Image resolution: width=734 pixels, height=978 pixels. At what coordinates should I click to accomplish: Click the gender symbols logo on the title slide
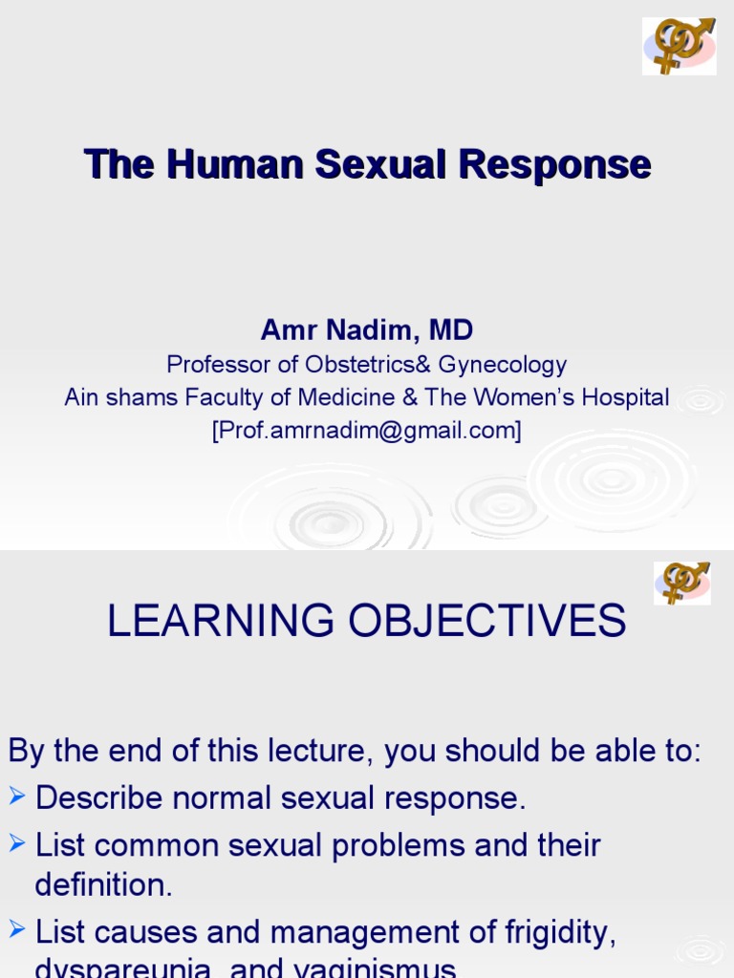679,45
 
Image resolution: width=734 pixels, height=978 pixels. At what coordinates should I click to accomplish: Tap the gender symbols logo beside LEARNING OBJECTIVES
681,582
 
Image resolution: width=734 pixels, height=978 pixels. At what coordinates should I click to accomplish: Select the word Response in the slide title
554,164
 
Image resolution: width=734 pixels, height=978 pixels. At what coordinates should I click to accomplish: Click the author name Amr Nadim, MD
367,330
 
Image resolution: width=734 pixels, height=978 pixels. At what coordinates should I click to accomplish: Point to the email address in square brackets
367,431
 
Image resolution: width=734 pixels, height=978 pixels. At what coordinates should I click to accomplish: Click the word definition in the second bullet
103,885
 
